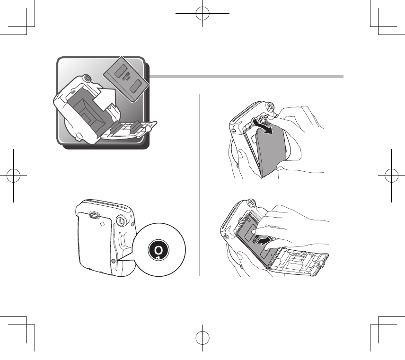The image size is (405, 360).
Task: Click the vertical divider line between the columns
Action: point(200,184)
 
